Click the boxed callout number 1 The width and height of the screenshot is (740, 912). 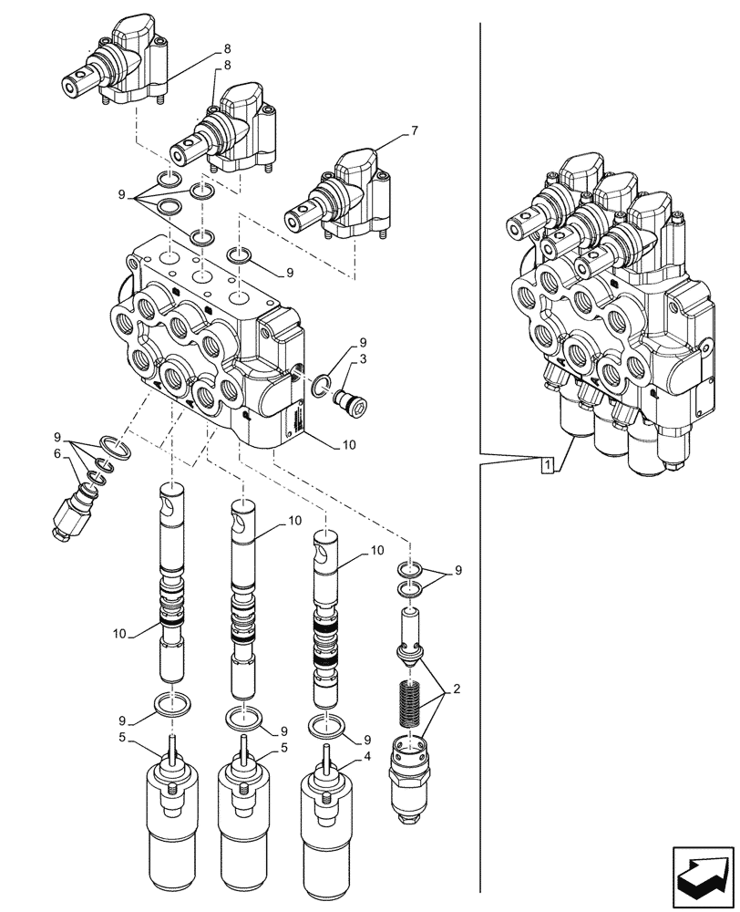tap(546, 466)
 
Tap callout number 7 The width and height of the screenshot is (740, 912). tap(415, 131)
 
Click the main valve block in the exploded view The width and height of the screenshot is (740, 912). tap(210, 347)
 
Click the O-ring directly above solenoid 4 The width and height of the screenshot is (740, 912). tap(326, 727)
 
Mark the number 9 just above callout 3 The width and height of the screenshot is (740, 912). tap(361, 342)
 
